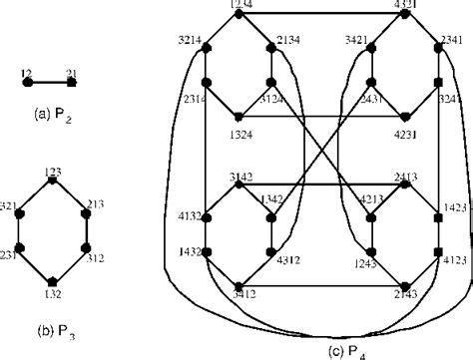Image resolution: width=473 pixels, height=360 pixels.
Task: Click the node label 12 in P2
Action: pos(25,72)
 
